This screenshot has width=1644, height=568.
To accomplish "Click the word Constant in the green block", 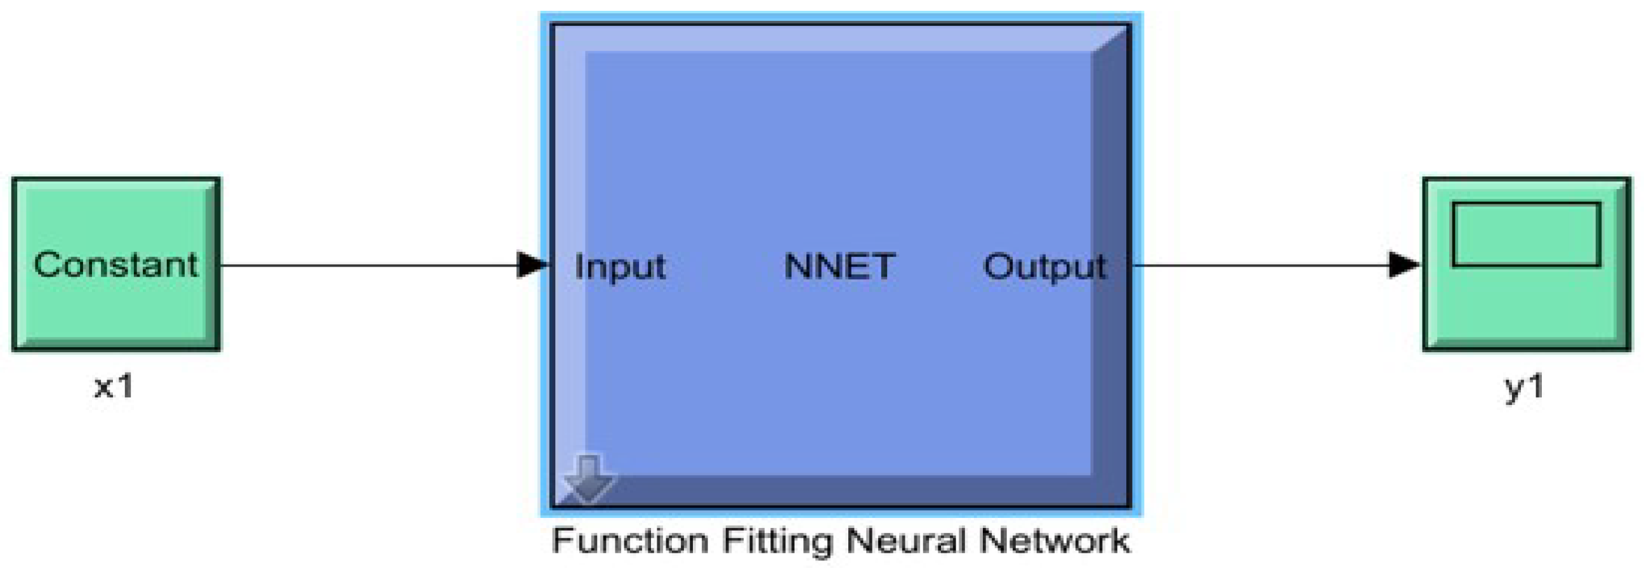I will (x=115, y=265).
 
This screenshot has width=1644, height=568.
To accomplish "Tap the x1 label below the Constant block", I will (x=114, y=386).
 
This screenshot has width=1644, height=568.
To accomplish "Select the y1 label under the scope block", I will (x=1524, y=386).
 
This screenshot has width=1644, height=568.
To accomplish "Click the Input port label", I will (x=620, y=267).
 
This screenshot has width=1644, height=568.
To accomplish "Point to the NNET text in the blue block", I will (x=839, y=266).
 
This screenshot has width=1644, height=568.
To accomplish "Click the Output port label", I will (x=1045, y=267).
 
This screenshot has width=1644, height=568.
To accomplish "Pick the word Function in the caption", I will (x=630, y=541).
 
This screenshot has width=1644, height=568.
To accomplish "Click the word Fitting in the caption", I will (x=777, y=542).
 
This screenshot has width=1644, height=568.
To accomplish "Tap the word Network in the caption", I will (x=1055, y=541).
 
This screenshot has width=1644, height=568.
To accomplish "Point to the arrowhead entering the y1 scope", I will (x=1404, y=265).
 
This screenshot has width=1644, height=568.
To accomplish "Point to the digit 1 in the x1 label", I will (x=126, y=386).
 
